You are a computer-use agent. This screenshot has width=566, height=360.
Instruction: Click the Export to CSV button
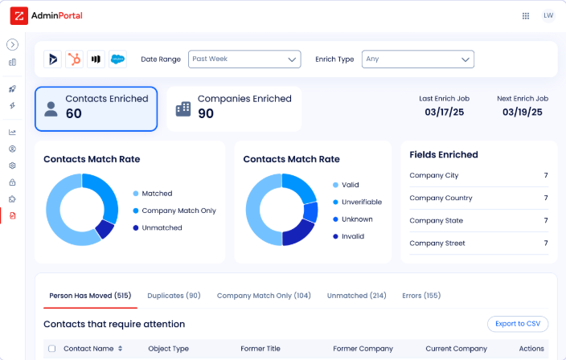[x=518, y=324]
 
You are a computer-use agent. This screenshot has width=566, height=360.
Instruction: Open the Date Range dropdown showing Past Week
[x=244, y=59]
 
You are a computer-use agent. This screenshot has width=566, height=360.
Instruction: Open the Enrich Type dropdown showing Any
[x=417, y=59]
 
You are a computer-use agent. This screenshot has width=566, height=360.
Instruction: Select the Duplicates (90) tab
[x=174, y=296]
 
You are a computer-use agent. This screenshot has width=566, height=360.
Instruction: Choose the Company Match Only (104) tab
[x=264, y=296]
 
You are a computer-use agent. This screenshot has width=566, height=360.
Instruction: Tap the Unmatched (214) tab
[x=356, y=296]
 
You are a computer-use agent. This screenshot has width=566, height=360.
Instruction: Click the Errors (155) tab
[x=421, y=296]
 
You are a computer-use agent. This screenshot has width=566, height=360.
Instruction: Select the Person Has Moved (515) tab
[x=90, y=296]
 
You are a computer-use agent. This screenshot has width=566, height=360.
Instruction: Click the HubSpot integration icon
[x=75, y=59]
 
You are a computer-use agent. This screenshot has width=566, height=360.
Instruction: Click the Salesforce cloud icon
[x=118, y=59]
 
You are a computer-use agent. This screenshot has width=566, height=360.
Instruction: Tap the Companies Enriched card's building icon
[x=183, y=108]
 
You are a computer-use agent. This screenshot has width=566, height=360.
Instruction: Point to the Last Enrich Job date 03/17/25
[x=444, y=112]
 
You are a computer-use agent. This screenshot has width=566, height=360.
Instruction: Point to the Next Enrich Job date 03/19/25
[x=522, y=112]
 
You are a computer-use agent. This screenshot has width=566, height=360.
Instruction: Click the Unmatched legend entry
[x=162, y=227]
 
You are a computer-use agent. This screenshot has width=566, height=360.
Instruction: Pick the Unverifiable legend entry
[x=361, y=202]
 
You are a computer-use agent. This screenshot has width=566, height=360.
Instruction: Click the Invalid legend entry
[x=352, y=236]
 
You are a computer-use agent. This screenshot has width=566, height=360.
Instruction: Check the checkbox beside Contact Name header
[x=52, y=349]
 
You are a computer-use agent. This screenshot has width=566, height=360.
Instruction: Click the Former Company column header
[x=363, y=349]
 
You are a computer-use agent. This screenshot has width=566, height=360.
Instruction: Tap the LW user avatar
[x=548, y=15]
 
